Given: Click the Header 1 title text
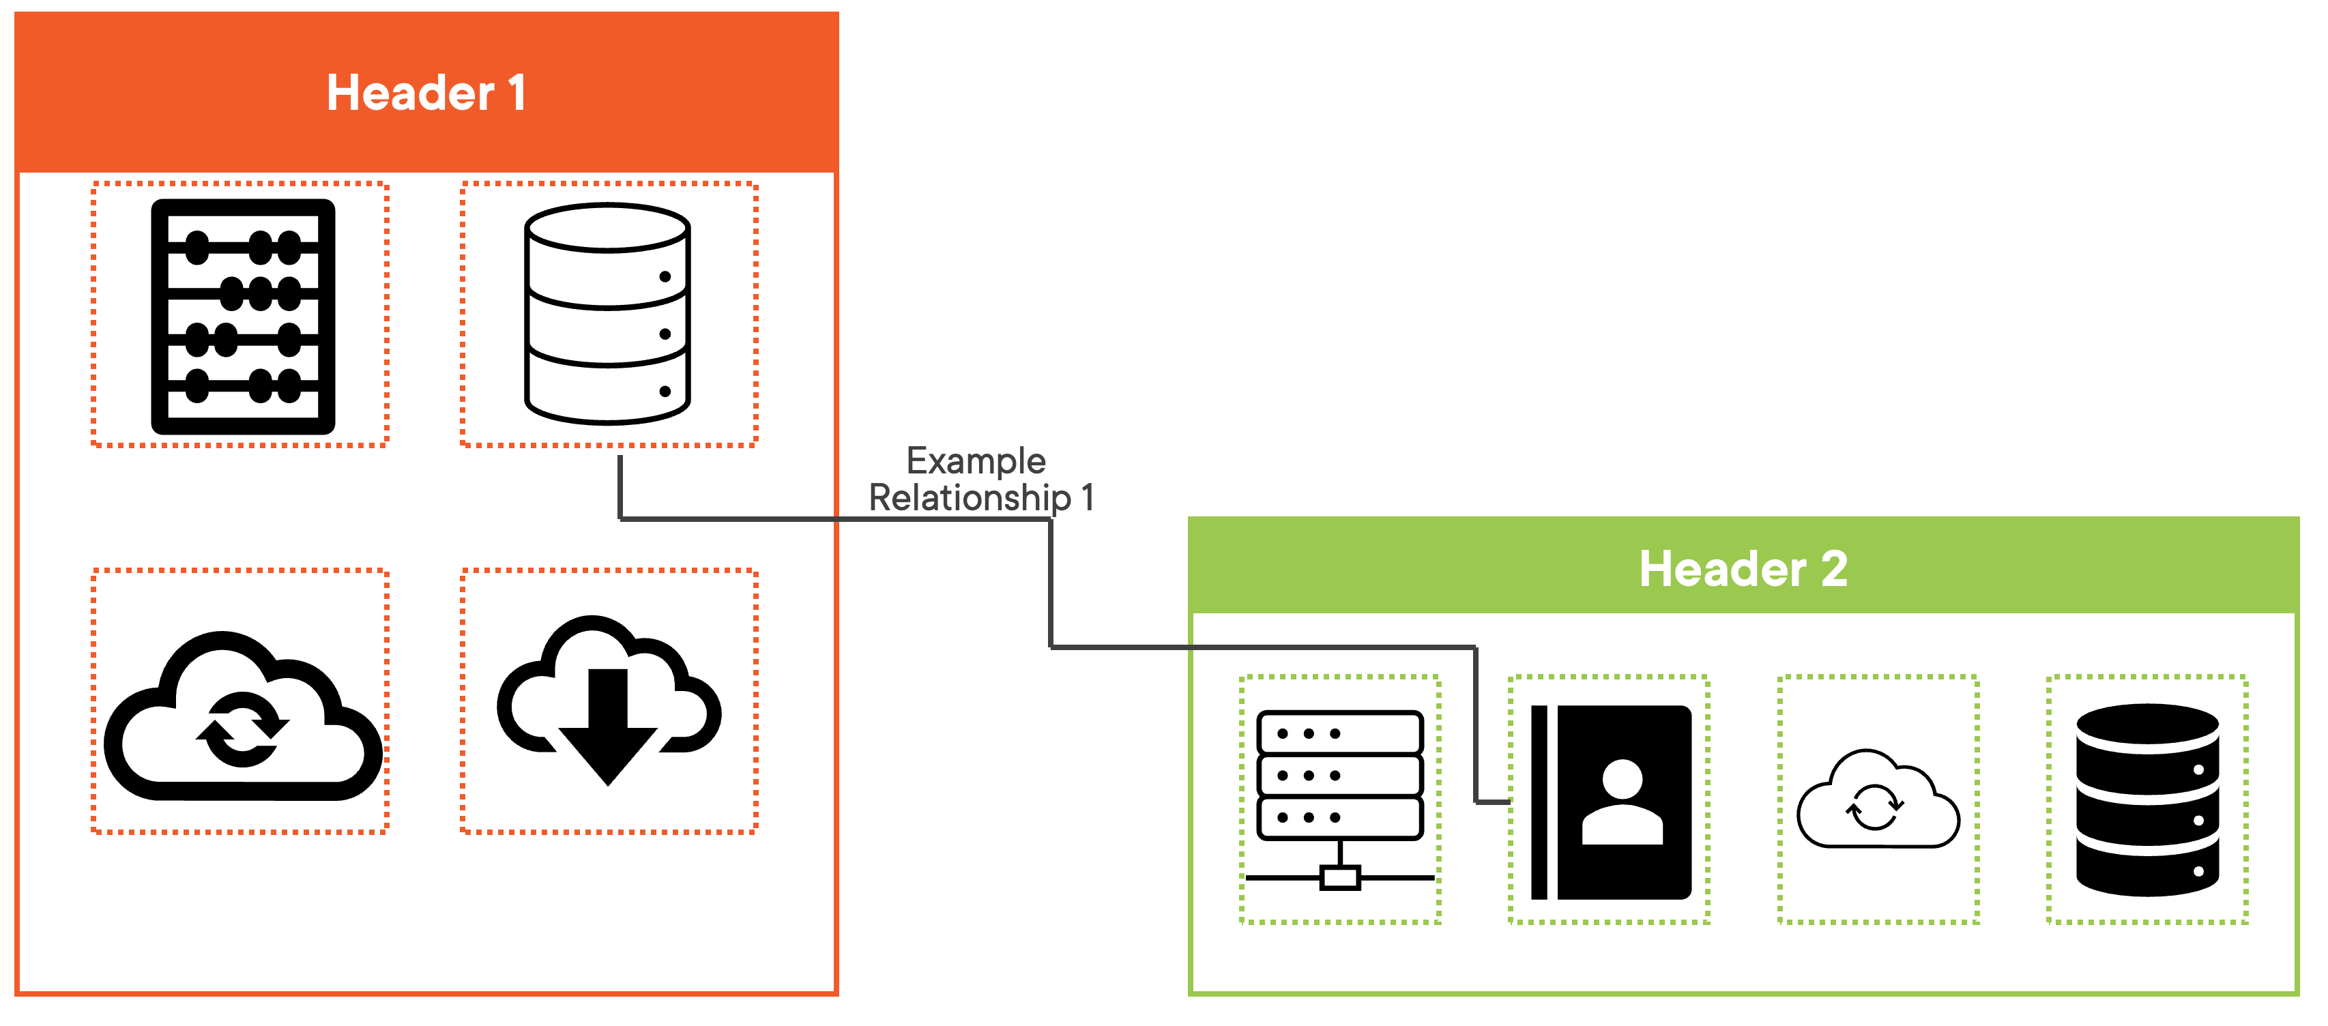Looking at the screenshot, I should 426,93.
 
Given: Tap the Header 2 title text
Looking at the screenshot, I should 1743,570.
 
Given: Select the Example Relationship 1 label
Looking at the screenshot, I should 980,479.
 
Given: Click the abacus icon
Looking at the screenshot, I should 243,317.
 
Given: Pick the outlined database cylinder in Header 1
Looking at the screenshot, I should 607,314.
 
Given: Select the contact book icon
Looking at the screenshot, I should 1610,802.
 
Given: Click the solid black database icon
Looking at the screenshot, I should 2147,800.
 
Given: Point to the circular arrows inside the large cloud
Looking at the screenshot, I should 242,729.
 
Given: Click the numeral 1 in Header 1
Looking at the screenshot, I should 517,93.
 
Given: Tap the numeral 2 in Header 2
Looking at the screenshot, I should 1833,570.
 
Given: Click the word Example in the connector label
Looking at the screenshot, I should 976,461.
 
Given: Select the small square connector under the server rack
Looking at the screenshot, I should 1340,877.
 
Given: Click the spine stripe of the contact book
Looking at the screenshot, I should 1539,802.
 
